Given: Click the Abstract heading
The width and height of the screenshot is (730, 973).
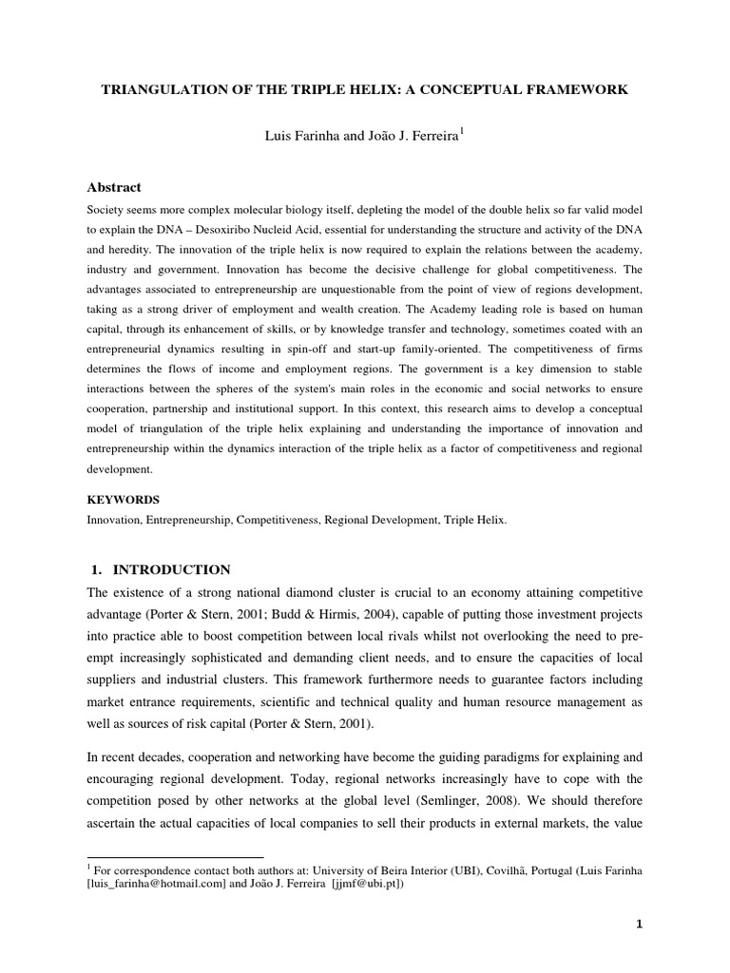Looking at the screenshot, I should (114, 188).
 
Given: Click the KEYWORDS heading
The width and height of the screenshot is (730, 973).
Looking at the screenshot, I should (123, 500).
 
